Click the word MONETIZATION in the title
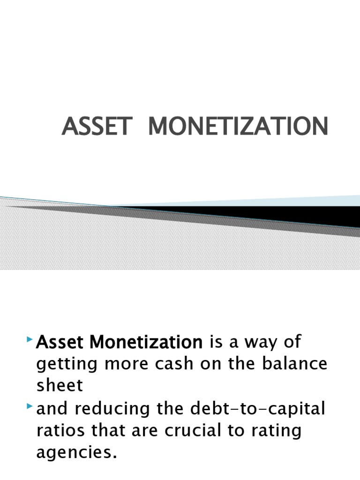[238, 127]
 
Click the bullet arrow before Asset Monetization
[31, 338]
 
